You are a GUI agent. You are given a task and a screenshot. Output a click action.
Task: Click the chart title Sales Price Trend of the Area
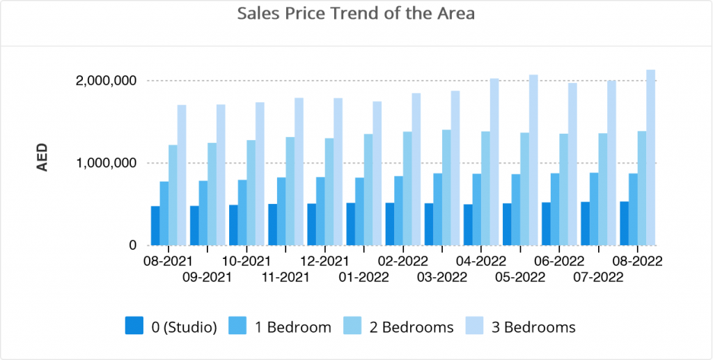pyautogui.click(x=356, y=14)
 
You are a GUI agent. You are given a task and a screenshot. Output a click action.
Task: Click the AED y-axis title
pyautogui.click(x=42, y=157)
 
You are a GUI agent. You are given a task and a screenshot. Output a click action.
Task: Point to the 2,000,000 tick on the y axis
pyautogui.click(x=106, y=81)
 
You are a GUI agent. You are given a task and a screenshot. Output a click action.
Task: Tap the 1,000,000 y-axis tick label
pyautogui.click(x=106, y=163)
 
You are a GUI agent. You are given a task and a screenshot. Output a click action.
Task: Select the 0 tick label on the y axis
pyautogui.click(x=133, y=245)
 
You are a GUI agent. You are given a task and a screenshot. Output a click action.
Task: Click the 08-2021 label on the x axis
pyautogui.click(x=168, y=261)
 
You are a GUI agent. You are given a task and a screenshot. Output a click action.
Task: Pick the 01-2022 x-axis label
pyautogui.click(x=363, y=277)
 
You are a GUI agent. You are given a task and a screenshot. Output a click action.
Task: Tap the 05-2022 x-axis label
pyautogui.click(x=520, y=277)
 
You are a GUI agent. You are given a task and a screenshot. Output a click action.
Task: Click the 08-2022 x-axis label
pyautogui.click(x=638, y=261)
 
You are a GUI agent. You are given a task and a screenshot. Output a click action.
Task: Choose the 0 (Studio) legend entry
pyautogui.click(x=171, y=327)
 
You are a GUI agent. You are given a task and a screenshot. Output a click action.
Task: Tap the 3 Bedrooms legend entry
pyautogui.click(x=521, y=327)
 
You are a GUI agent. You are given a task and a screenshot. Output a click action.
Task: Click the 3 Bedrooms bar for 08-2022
pyautogui.click(x=651, y=158)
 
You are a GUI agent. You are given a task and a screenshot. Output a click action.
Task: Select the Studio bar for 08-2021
pyautogui.click(x=155, y=226)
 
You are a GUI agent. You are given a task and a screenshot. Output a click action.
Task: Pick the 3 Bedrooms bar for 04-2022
pyautogui.click(x=494, y=162)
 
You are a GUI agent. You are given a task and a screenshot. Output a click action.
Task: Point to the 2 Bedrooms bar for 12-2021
pyautogui.click(x=329, y=191)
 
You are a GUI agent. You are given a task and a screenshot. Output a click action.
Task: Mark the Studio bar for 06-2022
pyautogui.click(x=546, y=224)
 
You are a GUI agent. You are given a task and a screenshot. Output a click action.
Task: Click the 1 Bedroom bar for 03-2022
pyautogui.click(x=437, y=210)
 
